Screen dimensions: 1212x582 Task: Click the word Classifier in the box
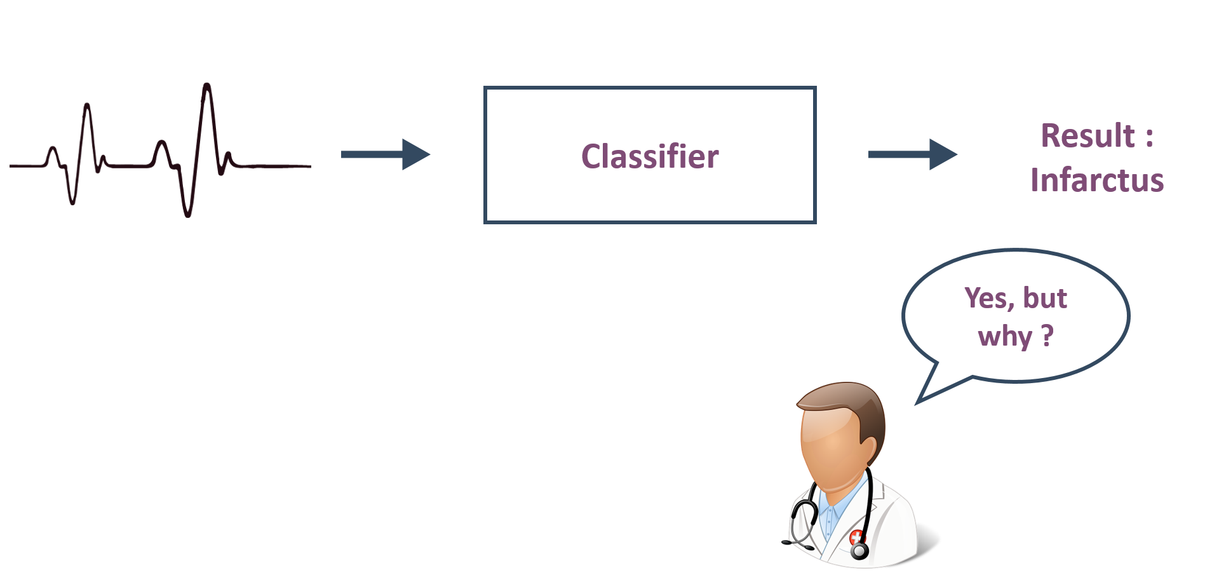point(650,156)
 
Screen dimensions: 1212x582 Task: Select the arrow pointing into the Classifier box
point(386,154)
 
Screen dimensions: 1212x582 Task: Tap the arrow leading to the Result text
point(913,154)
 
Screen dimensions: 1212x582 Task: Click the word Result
point(1087,135)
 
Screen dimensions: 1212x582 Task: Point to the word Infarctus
point(1097,180)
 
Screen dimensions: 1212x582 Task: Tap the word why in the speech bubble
point(1006,337)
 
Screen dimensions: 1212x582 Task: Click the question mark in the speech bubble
point(1047,335)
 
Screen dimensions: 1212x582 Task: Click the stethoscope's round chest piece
point(860,551)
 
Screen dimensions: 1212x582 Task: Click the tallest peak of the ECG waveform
point(206,85)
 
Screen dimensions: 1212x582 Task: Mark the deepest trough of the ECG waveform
point(187,215)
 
